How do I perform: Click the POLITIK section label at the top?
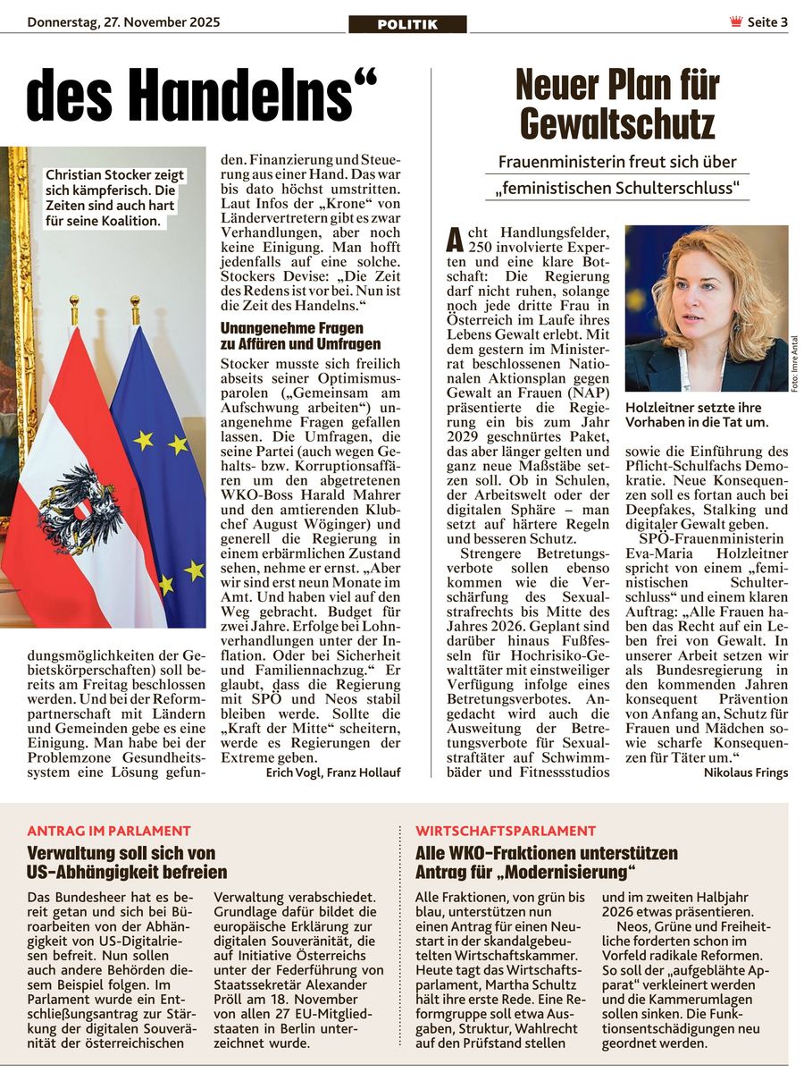click(407, 24)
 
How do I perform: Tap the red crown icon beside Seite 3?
click(736, 22)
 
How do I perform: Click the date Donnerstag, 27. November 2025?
click(123, 22)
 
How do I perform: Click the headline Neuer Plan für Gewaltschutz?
click(617, 105)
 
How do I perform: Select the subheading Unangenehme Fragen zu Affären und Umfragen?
click(300, 336)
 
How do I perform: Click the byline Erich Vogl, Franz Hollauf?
click(333, 772)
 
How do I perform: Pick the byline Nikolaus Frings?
click(745, 773)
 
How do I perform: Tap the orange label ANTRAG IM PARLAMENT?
click(109, 831)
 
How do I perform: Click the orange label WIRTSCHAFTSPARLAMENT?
click(506, 831)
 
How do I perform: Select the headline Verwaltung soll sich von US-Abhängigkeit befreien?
click(127, 862)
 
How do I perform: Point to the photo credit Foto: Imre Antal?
click(794, 362)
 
